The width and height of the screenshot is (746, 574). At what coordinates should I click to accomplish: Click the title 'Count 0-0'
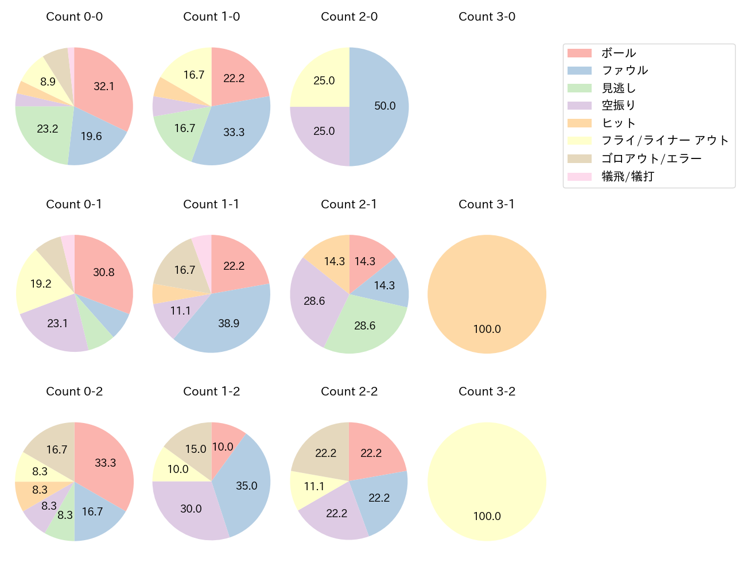coord(74,17)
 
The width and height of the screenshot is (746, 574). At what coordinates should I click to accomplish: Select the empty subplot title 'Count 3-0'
coord(487,17)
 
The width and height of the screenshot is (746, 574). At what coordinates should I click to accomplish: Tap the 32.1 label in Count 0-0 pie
coord(104,87)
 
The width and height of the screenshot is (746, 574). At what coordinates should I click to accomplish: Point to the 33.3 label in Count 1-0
coord(234,133)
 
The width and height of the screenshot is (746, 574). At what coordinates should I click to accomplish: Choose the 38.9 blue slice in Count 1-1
coord(228,324)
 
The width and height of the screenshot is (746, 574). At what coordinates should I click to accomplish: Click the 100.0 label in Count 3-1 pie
coord(487,329)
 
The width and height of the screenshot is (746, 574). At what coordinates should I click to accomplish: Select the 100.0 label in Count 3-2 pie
coord(487,517)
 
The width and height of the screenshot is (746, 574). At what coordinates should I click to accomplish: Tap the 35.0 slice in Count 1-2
coord(246,486)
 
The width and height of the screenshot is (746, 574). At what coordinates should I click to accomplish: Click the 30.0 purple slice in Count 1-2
coord(191,509)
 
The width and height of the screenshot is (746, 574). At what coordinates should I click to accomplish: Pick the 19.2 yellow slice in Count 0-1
coord(41,284)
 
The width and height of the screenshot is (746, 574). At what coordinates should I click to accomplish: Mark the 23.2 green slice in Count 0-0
coord(47,129)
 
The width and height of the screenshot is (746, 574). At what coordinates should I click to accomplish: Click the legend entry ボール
coord(619,53)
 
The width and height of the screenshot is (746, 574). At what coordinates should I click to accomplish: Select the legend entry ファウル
coord(624,71)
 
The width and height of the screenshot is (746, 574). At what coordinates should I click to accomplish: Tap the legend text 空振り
coord(619,106)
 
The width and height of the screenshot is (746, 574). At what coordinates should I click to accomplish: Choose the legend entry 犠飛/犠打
coord(627,176)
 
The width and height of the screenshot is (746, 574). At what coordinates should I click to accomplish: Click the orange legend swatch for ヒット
coord(579,123)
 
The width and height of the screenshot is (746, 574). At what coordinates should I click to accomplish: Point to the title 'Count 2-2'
coord(349,391)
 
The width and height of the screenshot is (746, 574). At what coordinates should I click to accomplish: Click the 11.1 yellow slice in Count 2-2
coord(314,487)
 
